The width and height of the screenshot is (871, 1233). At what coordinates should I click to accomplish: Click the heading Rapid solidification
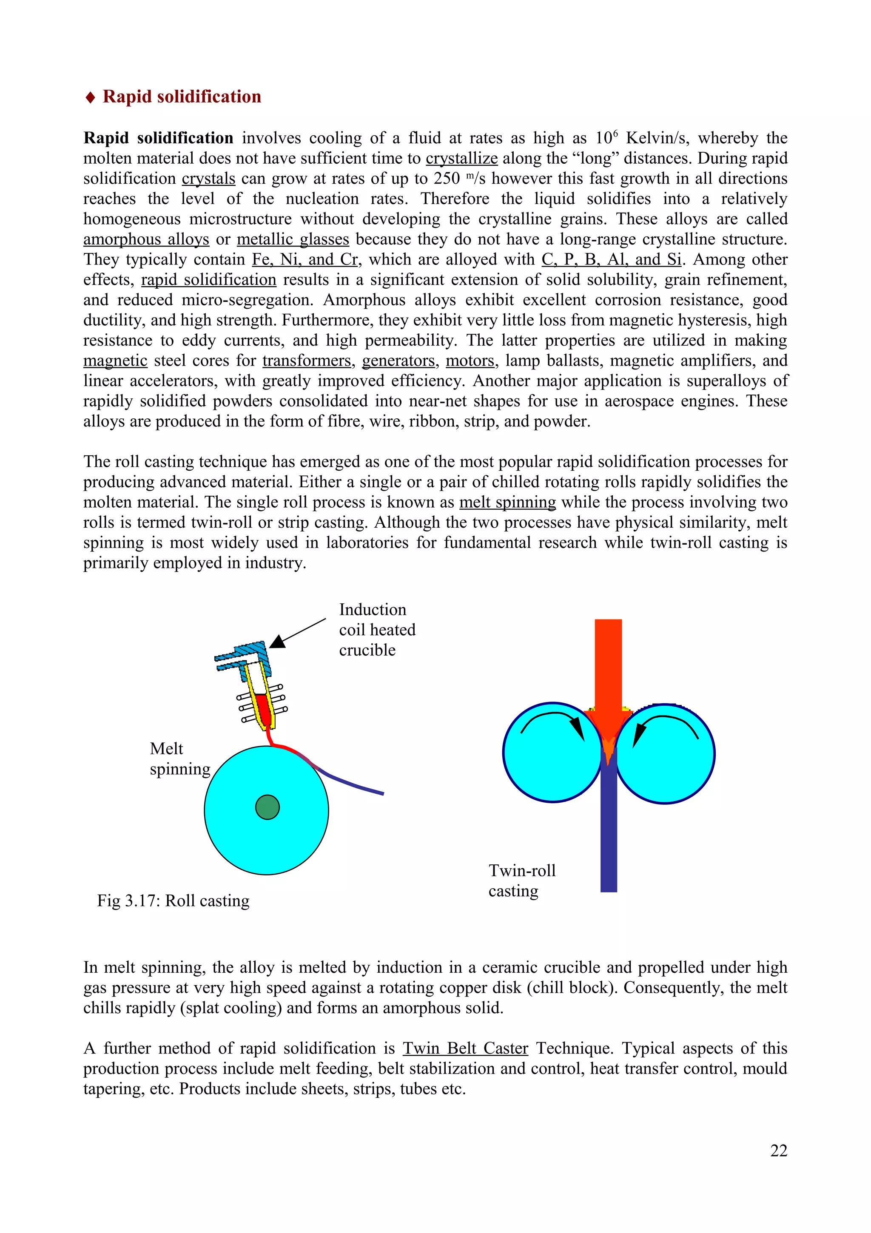click(181, 97)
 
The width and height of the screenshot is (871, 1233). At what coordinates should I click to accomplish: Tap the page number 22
click(779, 1151)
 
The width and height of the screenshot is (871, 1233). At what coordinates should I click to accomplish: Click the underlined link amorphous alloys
click(146, 239)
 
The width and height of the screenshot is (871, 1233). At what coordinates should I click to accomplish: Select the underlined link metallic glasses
click(293, 239)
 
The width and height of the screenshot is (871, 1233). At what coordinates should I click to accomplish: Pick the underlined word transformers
click(307, 361)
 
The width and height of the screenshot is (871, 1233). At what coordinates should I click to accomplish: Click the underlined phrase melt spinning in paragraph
click(507, 502)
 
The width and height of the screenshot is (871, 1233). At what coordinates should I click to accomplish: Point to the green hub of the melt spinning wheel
click(267, 807)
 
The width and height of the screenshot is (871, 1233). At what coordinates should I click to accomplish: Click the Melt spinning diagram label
click(179, 759)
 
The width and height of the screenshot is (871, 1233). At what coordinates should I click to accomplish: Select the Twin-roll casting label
click(522, 880)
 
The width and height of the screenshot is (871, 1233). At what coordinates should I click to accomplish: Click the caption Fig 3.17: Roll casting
click(173, 901)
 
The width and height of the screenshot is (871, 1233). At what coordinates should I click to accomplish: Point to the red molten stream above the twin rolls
click(608, 666)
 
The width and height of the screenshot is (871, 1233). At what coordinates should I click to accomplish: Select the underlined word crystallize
click(461, 159)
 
